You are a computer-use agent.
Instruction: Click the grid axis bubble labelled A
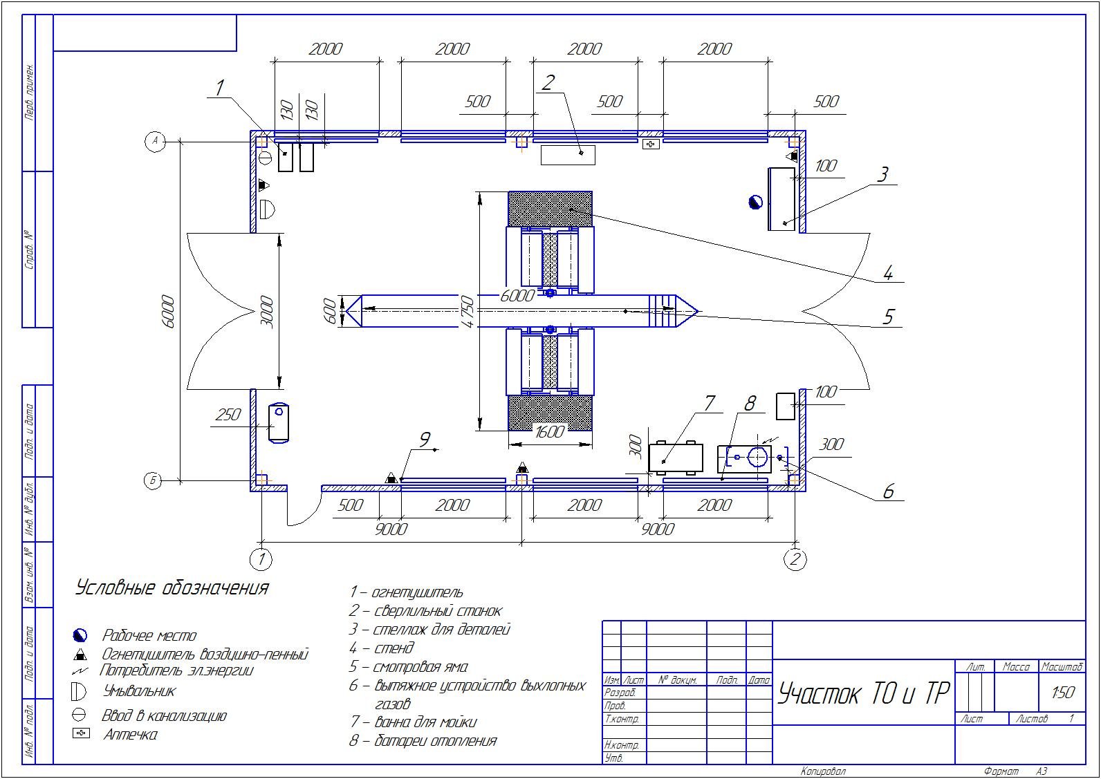point(156,142)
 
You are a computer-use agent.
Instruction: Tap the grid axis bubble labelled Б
point(154,480)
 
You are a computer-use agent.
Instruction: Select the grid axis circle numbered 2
point(795,559)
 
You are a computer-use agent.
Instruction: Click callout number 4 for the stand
point(888,272)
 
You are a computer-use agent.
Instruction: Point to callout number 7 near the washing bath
point(709,404)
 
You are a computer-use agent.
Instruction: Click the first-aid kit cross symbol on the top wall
point(651,144)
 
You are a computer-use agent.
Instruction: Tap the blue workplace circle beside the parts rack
point(755,201)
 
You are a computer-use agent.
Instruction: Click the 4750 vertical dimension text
point(468,312)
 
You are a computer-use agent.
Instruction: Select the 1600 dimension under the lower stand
point(550,432)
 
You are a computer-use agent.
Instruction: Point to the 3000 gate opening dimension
point(266,312)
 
